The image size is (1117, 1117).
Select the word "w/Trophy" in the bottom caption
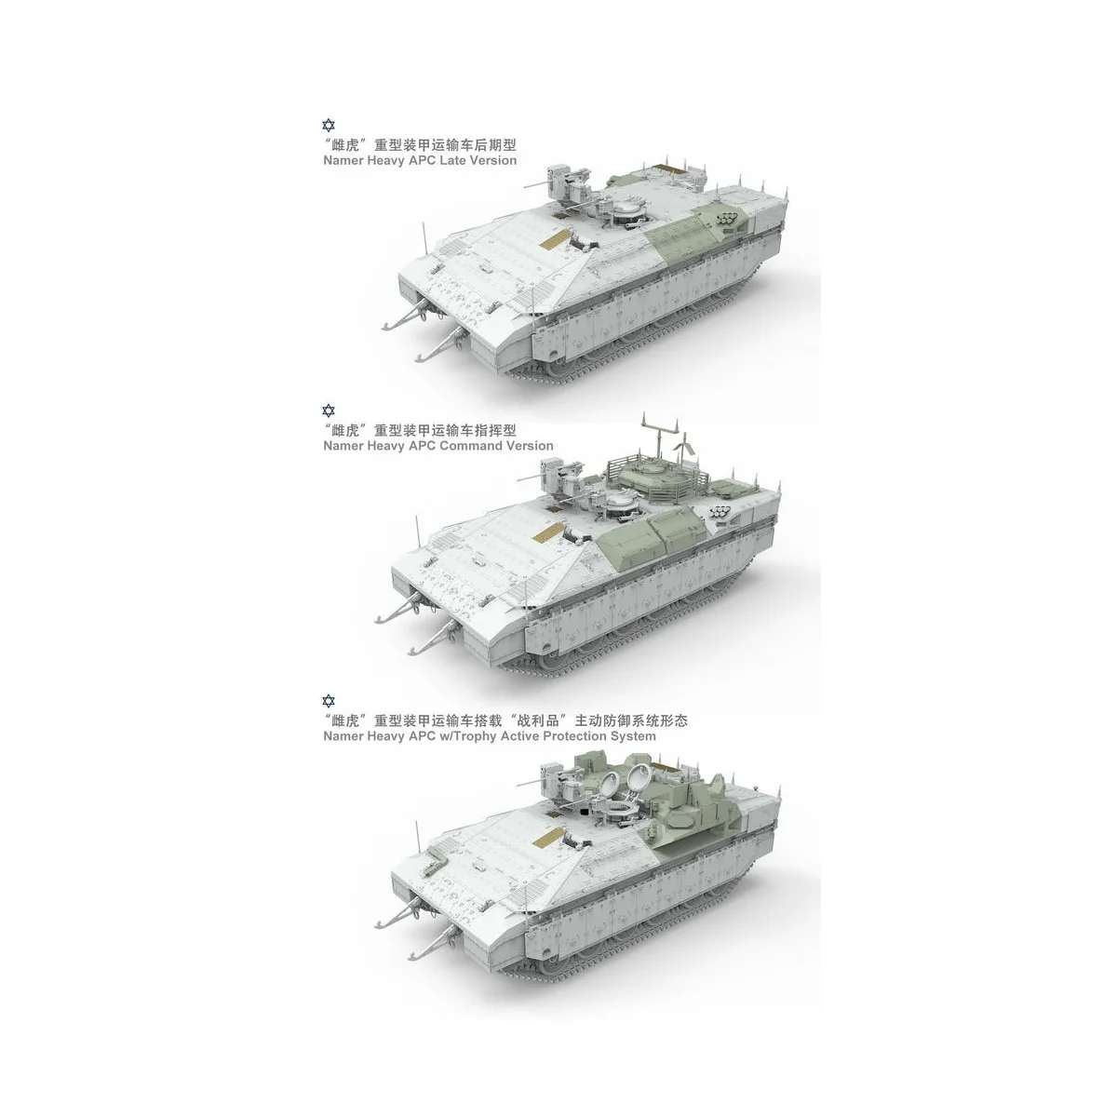[460, 735]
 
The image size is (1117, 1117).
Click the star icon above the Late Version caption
[326, 126]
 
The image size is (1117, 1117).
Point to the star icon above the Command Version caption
[326, 410]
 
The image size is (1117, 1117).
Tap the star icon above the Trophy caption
[326, 700]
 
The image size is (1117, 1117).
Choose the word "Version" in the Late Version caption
[493, 160]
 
